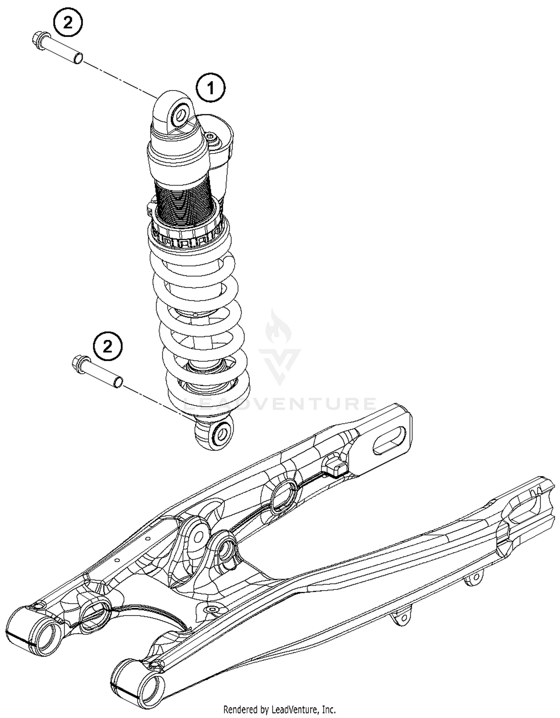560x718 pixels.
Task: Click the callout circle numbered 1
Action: (211, 88)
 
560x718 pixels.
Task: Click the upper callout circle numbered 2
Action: (68, 23)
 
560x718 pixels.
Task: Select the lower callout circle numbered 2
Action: (108, 347)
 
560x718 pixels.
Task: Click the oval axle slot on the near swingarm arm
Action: (389, 440)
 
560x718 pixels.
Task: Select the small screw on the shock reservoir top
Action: (212, 137)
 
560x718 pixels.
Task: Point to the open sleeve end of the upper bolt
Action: (78, 58)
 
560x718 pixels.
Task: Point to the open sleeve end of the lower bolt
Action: (118, 382)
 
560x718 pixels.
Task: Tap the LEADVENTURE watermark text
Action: (280, 404)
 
